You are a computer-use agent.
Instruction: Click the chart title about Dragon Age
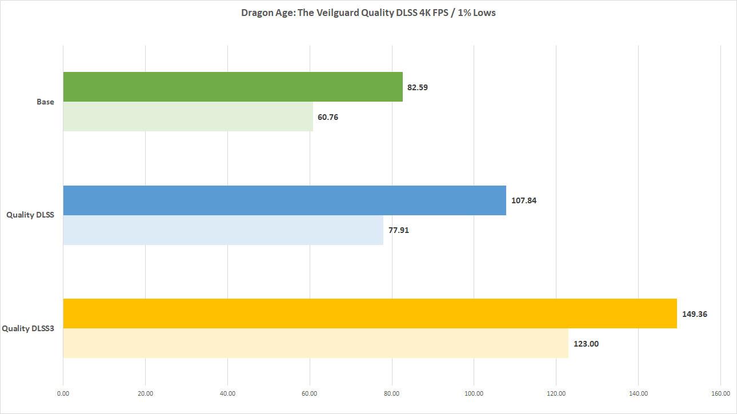click(x=368, y=13)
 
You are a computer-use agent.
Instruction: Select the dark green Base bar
click(x=233, y=87)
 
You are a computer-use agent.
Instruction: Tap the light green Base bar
click(x=188, y=116)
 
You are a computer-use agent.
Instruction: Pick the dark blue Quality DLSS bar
click(x=285, y=200)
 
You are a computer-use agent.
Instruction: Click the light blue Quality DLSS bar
click(x=223, y=230)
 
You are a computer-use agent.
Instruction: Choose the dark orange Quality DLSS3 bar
click(x=370, y=313)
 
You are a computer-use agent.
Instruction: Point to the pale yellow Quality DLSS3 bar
click(x=315, y=343)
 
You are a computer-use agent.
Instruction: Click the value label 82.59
click(x=418, y=87)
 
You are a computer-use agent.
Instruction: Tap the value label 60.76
click(x=328, y=117)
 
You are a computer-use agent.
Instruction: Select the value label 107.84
click(x=524, y=200)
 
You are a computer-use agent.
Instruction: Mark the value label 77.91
click(x=398, y=230)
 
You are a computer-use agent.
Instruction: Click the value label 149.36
click(x=695, y=313)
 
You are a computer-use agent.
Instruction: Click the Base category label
click(x=45, y=102)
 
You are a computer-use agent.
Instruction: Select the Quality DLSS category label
click(x=30, y=215)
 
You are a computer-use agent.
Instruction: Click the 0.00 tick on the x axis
click(x=63, y=393)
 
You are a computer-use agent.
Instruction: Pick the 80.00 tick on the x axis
click(x=392, y=393)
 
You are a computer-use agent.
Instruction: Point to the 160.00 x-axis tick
click(x=720, y=393)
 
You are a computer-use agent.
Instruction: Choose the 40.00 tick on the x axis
click(x=227, y=393)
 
